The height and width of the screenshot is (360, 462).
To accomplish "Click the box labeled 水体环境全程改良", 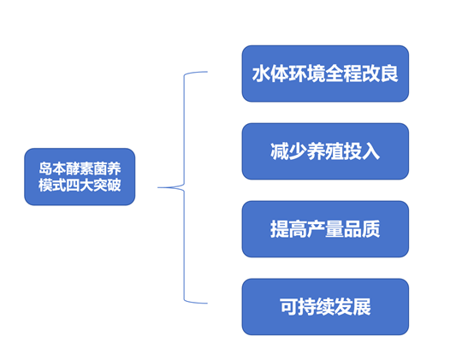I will (x=325, y=74).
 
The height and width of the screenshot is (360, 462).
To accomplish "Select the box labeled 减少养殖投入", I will (x=325, y=151).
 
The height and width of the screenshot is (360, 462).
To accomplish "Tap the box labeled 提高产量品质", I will (x=325, y=229).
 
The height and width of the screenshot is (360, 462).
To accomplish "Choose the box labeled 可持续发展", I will (x=325, y=306).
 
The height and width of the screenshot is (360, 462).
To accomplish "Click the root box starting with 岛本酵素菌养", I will (x=80, y=177).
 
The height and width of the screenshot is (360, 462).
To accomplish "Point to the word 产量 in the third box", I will (x=325, y=229).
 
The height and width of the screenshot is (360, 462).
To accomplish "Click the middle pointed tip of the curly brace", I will (x=160, y=186).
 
